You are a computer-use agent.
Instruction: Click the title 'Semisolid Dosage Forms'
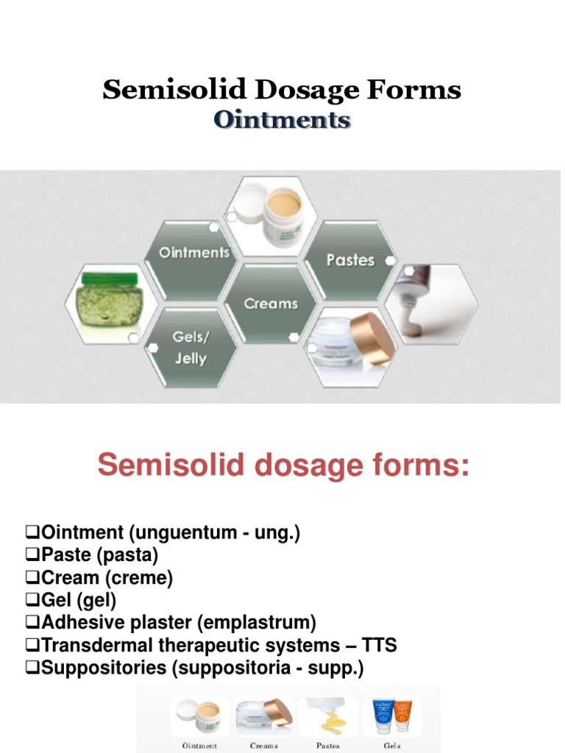[x=282, y=90]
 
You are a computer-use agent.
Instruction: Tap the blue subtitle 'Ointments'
[x=282, y=119]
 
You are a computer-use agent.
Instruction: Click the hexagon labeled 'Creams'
[x=271, y=303]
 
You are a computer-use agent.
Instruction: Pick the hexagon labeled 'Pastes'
[x=350, y=260]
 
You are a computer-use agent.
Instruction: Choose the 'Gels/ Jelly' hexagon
[x=189, y=348]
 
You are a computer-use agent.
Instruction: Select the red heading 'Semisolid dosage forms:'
[x=283, y=465]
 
